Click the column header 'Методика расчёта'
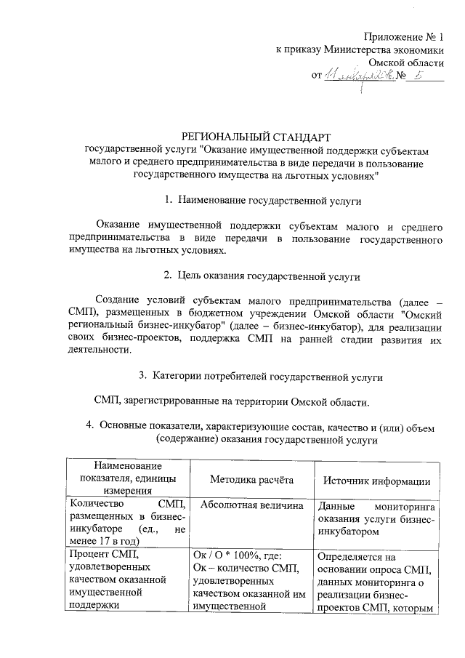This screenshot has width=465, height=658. click(x=251, y=481)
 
